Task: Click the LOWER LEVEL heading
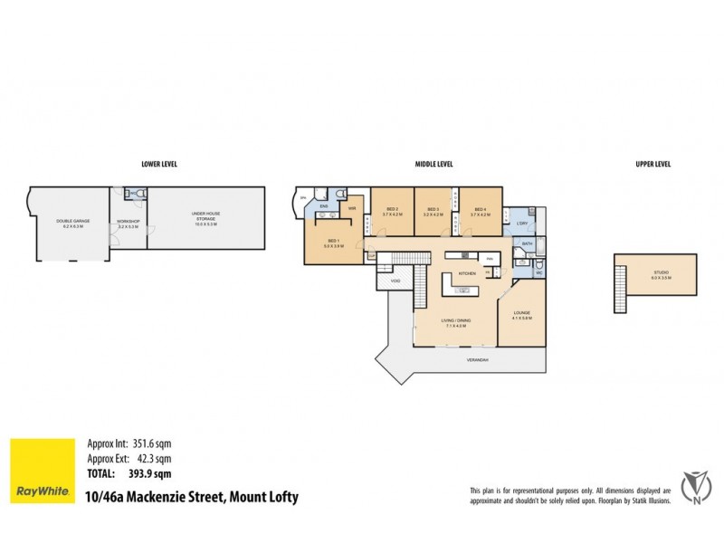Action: click(x=158, y=165)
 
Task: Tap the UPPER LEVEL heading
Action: click(x=654, y=165)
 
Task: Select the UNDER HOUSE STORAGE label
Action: click(x=205, y=217)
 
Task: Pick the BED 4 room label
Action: click(x=480, y=211)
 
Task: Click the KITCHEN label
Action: click(x=467, y=272)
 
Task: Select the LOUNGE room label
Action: click(x=521, y=314)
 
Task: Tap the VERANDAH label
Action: click(x=479, y=359)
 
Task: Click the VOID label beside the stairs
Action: click(x=395, y=281)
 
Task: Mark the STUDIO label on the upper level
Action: click(x=662, y=273)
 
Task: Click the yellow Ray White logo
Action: click(x=42, y=472)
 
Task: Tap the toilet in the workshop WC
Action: click(x=132, y=193)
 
